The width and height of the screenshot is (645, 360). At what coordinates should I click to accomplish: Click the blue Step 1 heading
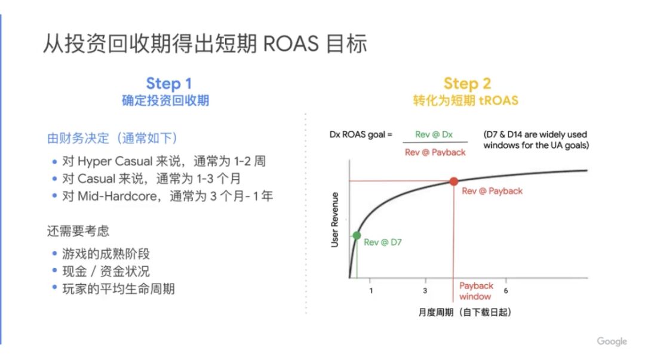pos(169,84)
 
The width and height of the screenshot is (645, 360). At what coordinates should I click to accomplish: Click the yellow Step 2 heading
pos(467,84)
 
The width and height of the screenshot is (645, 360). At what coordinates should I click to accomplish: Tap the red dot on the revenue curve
pos(454,181)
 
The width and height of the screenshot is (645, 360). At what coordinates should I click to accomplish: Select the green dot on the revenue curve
pos(357,235)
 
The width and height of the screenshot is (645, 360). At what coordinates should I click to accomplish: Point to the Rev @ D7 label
pos(383,242)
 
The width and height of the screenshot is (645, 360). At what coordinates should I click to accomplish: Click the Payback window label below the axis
pos(476,291)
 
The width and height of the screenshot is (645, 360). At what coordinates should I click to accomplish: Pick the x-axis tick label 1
pos(371,291)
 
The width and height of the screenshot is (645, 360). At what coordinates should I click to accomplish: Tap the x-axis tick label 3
pos(425,291)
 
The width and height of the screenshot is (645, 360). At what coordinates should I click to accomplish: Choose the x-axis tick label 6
pos(506,291)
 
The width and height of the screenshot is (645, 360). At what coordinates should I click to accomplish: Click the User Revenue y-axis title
pos(335,220)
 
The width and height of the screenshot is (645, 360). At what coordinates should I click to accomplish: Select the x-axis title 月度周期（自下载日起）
pos(465,312)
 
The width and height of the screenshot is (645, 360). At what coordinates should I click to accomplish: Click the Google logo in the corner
pos(612,341)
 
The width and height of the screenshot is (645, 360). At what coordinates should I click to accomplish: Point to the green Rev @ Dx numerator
pos(434,134)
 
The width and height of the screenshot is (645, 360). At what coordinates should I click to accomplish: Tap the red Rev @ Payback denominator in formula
pos(435,152)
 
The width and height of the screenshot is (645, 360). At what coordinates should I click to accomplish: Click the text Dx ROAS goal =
pos(361,134)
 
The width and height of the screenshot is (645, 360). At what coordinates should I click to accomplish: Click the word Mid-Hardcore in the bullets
pos(117,196)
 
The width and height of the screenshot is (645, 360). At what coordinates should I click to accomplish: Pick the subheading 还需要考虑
pos(78,231)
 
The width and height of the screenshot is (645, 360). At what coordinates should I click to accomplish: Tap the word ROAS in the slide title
pos(290,44)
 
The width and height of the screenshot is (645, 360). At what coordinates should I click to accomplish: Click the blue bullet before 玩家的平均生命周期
pos(54,288)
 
